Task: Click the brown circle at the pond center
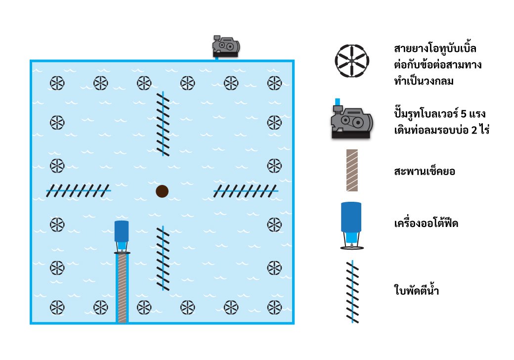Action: [x=162, y=191]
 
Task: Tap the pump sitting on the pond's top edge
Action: [x=226, y=45]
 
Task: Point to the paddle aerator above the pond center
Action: [x=163, y=124]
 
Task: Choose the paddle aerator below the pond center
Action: [x=163, y=258]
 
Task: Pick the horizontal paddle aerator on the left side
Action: [x=79, y=190]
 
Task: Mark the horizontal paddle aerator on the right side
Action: [x=246, y=190]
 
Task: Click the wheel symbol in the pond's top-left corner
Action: [x=57, y=83]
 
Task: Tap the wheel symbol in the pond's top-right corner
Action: [x=274, y=83]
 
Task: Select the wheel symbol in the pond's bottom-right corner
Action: [x=274, y=308]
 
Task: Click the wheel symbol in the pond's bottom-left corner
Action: [x=57, y=308]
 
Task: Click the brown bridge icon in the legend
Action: [x=352, y=170]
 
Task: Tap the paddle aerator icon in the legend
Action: [x=352, y=292]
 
